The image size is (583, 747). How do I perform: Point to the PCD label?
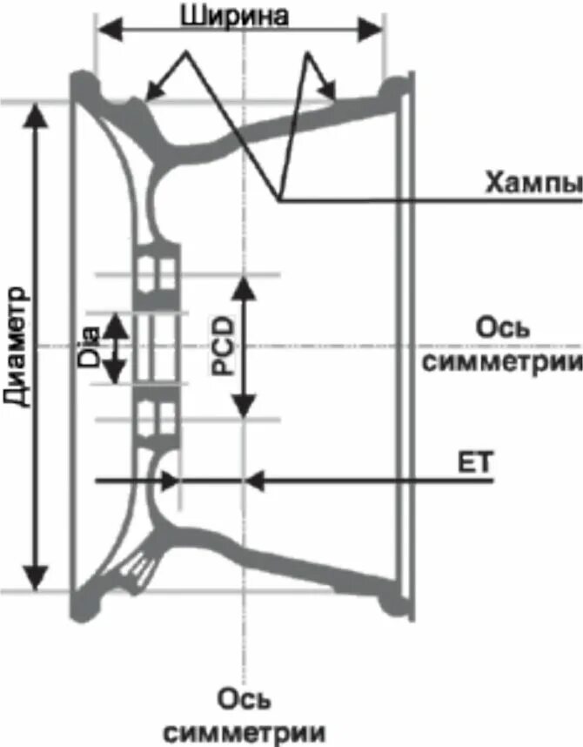point(223,347)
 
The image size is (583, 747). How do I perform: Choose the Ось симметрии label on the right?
point(502,345)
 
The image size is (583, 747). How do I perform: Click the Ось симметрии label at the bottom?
point(245,715)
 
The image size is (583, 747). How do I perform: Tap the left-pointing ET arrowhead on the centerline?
point(255,480)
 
